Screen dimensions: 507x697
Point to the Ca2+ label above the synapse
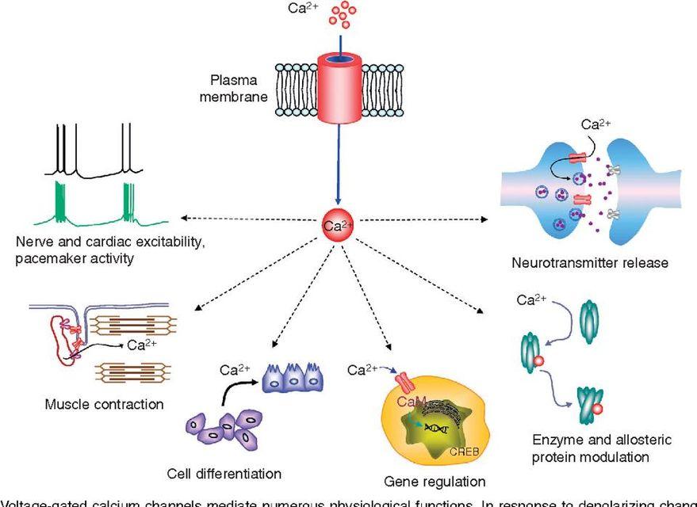(x=597, y=124)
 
